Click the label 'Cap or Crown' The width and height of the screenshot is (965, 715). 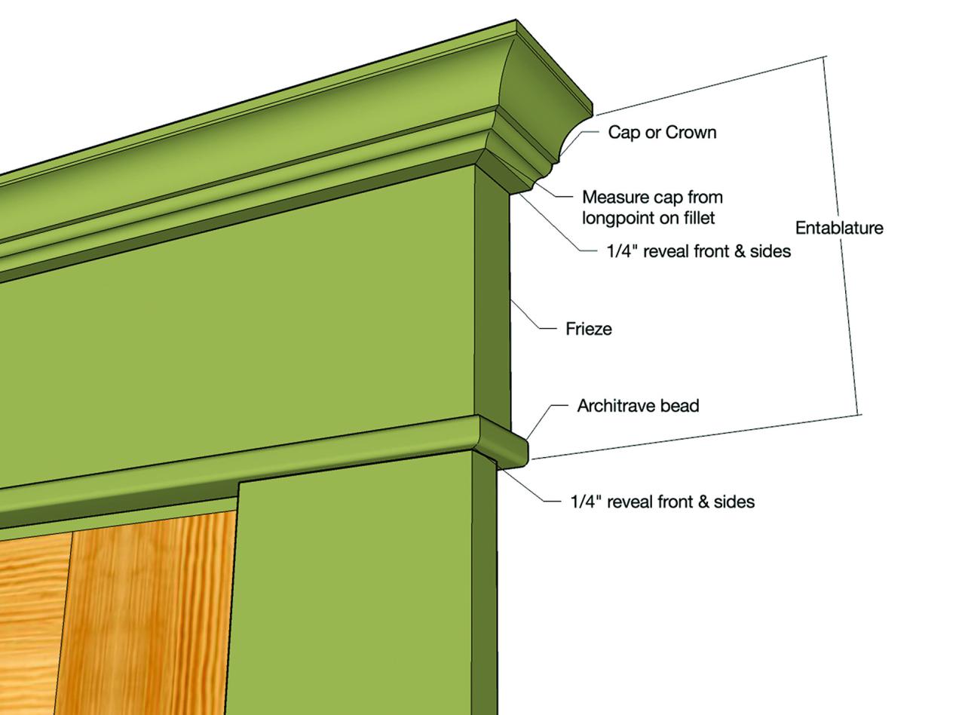(x=662, y=133)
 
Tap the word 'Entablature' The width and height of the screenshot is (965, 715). (x=839, y=228)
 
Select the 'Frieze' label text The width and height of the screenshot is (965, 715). (x=588, y=329)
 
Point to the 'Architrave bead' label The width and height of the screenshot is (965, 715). (x=638, y=406)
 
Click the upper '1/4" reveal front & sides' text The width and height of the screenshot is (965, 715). (x=698, y=251)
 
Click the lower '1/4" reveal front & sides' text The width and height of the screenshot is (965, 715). (x=662, y=502)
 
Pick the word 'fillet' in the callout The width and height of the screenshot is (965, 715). (x=697, y=218)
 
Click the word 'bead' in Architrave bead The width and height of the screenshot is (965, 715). (x=682, y=406)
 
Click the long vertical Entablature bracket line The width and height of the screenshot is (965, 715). (x=841, y=234)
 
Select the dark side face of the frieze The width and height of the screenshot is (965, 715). (x=492, y=294)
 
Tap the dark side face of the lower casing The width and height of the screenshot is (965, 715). (x=484, y=588)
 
